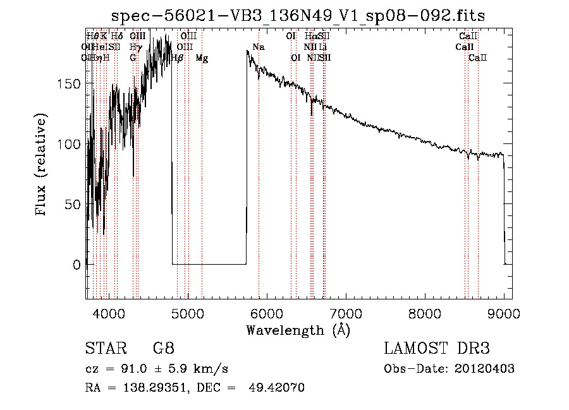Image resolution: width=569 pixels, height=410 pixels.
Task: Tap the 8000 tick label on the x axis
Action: [x=424, y=312]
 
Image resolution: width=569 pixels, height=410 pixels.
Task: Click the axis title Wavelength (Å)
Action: [x=298, y=330]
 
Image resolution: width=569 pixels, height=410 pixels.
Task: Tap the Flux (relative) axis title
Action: [x=42, y=166]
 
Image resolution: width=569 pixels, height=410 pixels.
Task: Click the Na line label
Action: [x=259, y=47]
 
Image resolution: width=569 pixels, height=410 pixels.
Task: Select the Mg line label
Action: [x=202, y=58]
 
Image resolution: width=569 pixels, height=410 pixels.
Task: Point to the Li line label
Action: [x=323, y=47]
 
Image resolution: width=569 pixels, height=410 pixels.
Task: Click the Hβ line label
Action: [x=178, y=58]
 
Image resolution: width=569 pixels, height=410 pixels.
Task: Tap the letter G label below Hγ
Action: [x=133, y=58]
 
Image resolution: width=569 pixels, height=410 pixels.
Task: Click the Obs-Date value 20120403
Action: [x=487, y=369]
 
